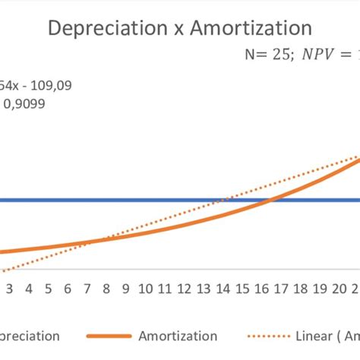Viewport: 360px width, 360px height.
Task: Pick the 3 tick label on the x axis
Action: click(x=9, y=289)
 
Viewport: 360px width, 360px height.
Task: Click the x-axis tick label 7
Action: click(x=87, y=289)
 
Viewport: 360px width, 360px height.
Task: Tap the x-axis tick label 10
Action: click(x=146, y=289)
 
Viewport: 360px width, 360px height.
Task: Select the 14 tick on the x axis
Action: click(x=223, y=289)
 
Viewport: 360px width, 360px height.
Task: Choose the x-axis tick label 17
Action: click(x=282, y=289)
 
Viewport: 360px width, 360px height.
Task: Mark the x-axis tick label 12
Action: click(x=185, y=289)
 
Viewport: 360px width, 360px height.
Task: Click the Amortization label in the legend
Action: click(x=178, y=336)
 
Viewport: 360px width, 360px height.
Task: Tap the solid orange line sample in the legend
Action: click(x=109, y=336)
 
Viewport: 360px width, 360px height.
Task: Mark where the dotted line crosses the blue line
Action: click(x=219, y=201)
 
